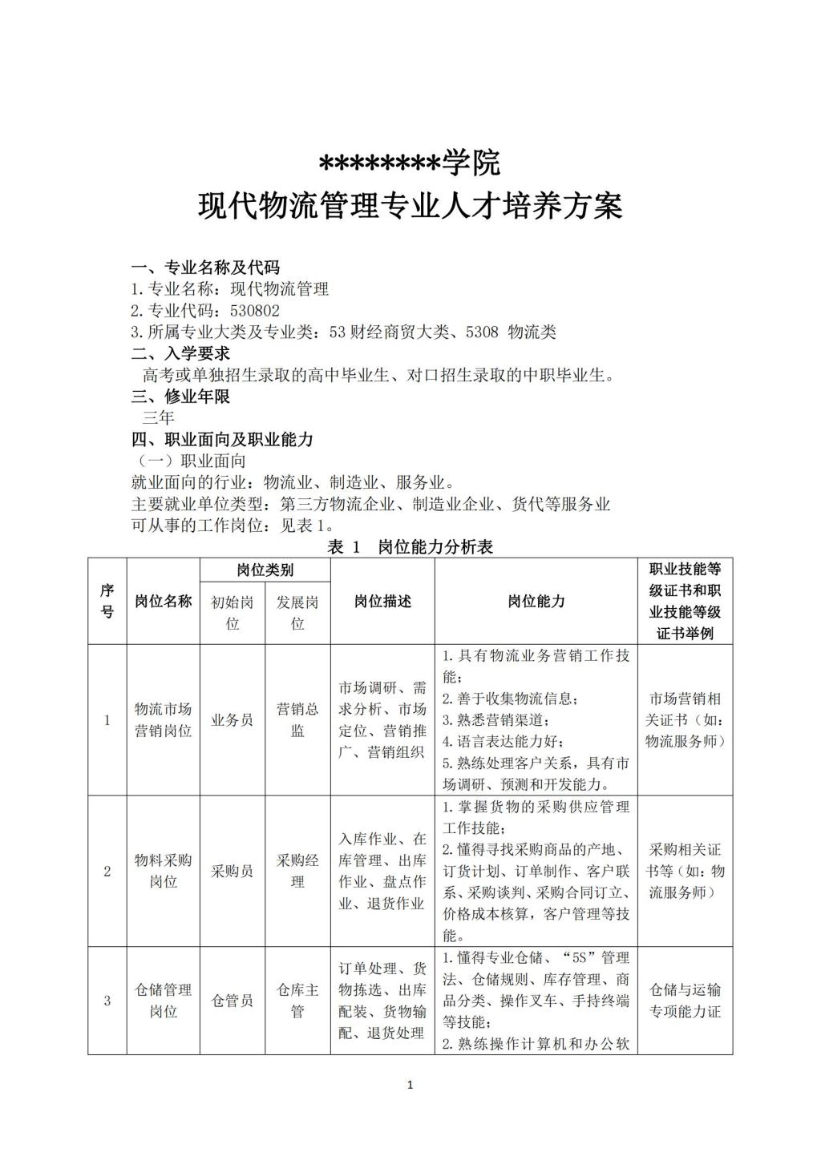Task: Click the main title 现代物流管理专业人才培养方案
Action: coord(410,207)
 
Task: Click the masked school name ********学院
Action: coord(410,163)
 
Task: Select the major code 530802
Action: coord(255,311)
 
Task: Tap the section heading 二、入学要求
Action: coord(180,353)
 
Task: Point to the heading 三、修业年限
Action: coord(180,397)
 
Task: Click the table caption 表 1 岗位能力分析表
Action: coord(410,547)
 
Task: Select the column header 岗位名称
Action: coord(164,601)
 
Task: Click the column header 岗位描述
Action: coord(382,601)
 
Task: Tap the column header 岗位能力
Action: coord(536,601)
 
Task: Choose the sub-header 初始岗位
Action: coord(233,613)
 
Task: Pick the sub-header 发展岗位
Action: coord(297,613)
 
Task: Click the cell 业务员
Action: coord(233,719)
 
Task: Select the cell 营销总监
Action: coord(297,719)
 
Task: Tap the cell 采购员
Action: coord(233,871)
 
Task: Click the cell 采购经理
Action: coord(297,871)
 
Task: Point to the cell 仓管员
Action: coord(233,1001)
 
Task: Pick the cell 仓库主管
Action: coord(297,1001)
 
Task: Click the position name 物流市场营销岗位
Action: coord(164,719)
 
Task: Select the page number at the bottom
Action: coord(410,1085)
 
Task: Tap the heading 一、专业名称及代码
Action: coord(205,268)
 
